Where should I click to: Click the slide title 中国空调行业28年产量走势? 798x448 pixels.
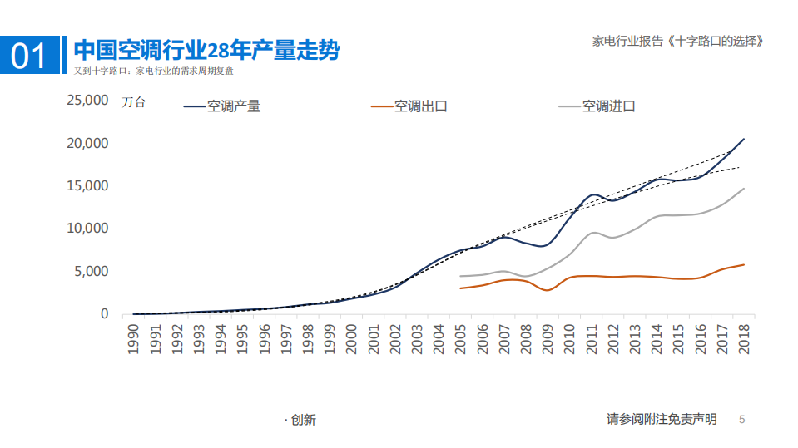[x=206, y=50]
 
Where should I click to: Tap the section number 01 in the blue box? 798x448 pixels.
[x=30, y=56]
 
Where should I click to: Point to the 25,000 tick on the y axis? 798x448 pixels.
[x=87, y=101]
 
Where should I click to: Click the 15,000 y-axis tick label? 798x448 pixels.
[x=87, y=185]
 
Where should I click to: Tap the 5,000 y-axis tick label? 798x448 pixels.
[x=92, y=271]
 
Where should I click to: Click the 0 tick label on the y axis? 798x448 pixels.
[x=104, y=314]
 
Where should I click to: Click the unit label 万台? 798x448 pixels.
[x=133, y=103]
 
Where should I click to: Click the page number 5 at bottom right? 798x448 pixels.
[x=742, y=420]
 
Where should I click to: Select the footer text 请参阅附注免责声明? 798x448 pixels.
[x=662, y=419]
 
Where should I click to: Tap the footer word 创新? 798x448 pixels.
[x=303, y=421]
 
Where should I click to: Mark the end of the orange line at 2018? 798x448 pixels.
[x=744, y=264]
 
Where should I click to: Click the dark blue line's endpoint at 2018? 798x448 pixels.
[x=744, y=139]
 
